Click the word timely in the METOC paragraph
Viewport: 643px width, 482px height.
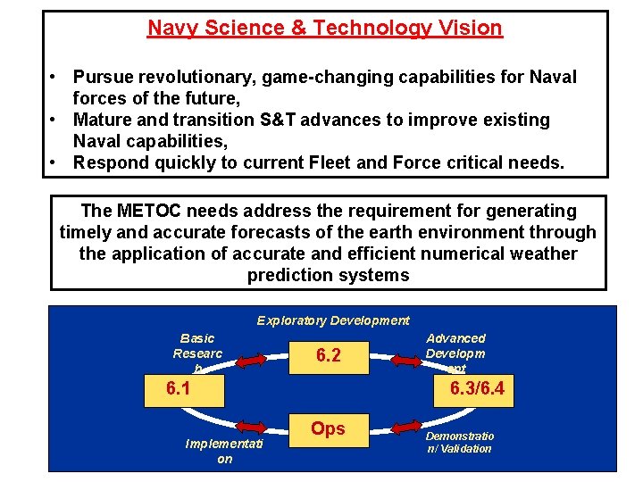(87, 233)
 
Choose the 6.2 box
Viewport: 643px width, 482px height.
(328, 355)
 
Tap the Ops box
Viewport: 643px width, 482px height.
(328, 428)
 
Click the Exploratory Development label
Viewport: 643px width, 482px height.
(333, 320)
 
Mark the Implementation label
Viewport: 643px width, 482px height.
(224, 451)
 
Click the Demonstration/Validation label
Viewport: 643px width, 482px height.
(459, 443)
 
